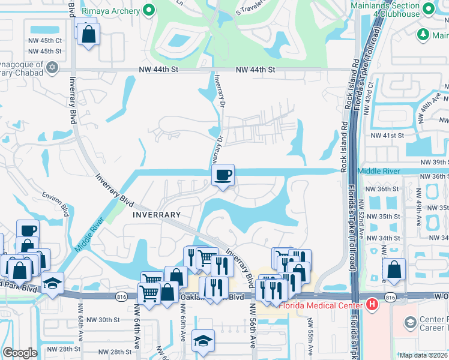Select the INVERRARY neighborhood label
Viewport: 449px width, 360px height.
pyautogui.click(x=157, y=214)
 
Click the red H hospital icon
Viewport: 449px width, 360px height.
pyautogui.click(x=372, y=305)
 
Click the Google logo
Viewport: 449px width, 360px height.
pyautogui.click(x=20, y=352)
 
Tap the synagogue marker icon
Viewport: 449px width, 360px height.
pyautogui.click(x=52, y=67)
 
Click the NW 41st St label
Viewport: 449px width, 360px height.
pyautogui.click(x=387, y=136)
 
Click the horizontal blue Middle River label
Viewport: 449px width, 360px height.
pyautogui.click(x=378, y=171)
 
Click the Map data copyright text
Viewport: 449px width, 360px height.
pyautogui.click(x=423, y=355)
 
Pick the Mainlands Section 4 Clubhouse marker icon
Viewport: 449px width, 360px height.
pyautogui.click(x=427, y=9)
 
